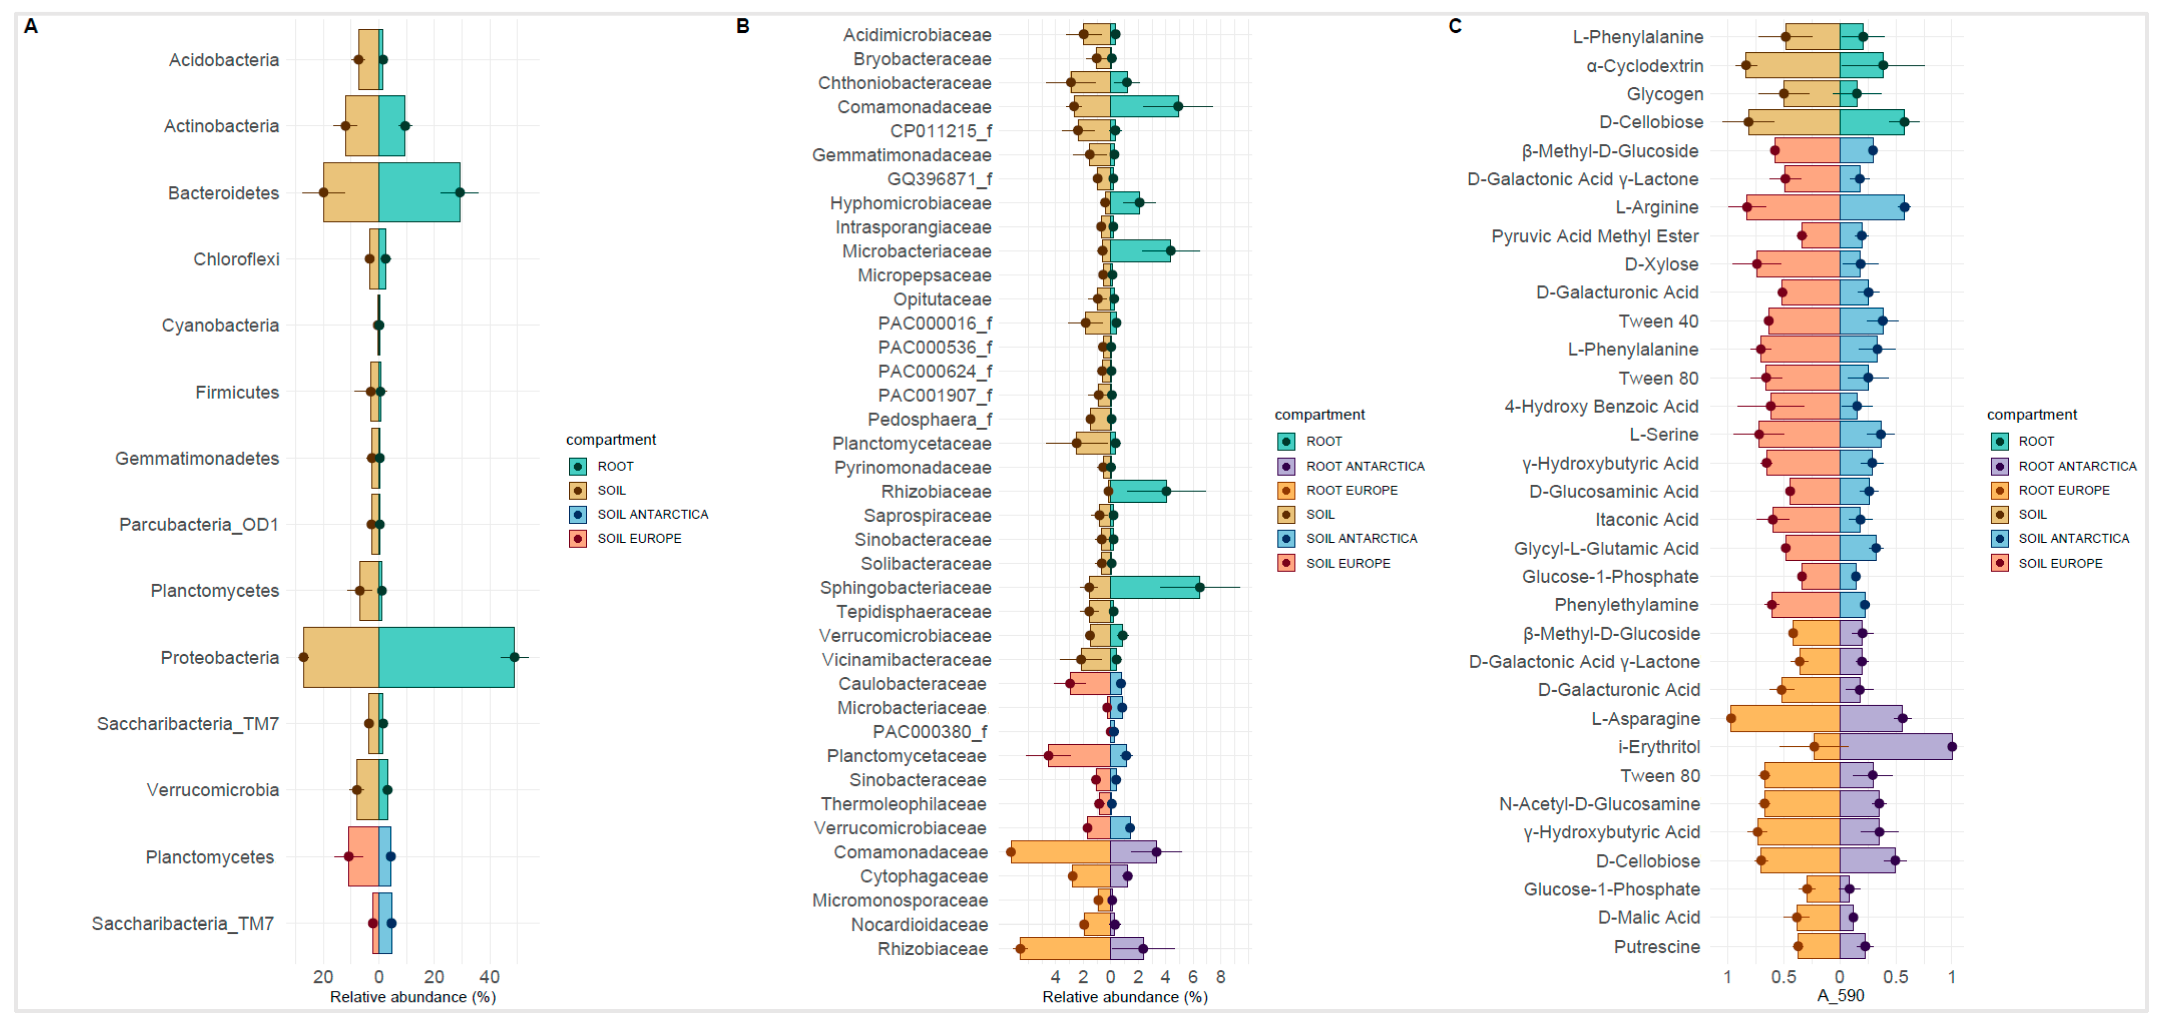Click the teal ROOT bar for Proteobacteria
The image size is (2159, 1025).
[446, 657]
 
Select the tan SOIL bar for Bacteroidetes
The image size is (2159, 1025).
[351, 193]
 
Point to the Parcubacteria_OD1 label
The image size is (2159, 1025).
[199, 525]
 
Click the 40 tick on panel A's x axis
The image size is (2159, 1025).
[489, 976]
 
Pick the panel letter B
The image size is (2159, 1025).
[742, 26]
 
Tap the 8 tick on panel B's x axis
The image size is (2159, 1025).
[1220, 976]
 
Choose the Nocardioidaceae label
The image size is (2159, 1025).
[920, 925]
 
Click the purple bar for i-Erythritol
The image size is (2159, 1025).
[1895, 747]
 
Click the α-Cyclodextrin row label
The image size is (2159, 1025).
[1644, 65]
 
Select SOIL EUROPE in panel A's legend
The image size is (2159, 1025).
[639, 538]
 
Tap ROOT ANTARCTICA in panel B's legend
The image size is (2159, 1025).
[1364, 466]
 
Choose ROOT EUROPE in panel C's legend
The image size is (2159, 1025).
[2063, 490]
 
